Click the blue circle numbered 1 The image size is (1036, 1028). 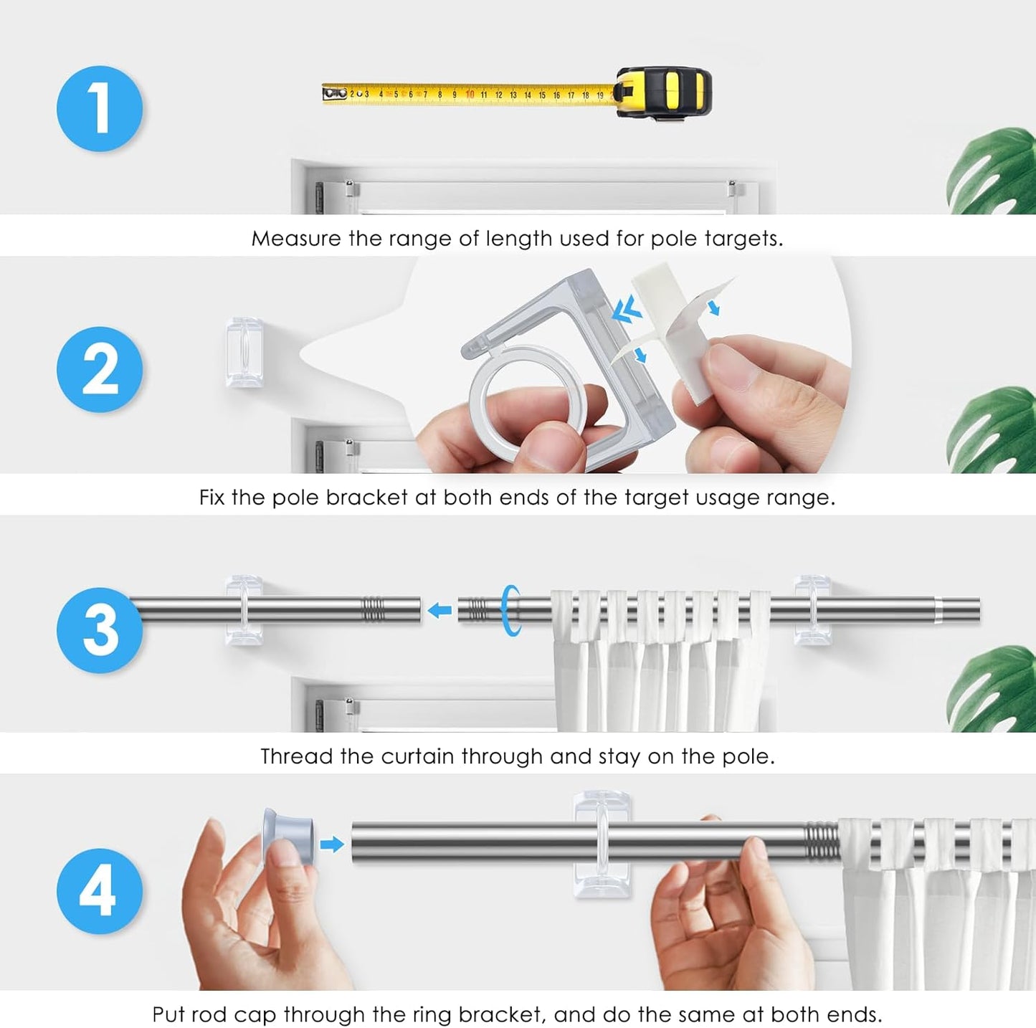pyautogui.click(x=100, y=109)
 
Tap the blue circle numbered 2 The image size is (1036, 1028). pyautogui.click(x=100, y=370)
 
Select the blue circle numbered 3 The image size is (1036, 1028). pyautogui.click(x=100, y=629)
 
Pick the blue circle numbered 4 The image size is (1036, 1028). pyautogui.click(x=100, y=891)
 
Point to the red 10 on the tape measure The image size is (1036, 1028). pyautogui.click(x=470, y=95)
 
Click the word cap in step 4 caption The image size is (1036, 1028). pyautogui.click(x=255, y=1015)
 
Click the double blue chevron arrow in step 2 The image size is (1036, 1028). pyautogui.click(x=627, y=310)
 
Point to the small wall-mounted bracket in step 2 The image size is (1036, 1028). pyautogui.click(x=244, y=352)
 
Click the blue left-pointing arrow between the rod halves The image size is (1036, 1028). pyautogui.click(x=439, y=610)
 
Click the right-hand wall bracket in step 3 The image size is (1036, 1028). pyautogui.click(x=813, y=609)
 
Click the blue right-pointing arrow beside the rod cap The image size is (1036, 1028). pyautogui.click(x=332, y=844)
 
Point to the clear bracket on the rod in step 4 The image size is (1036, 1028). pyautogui.click(x=602, y=844)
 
